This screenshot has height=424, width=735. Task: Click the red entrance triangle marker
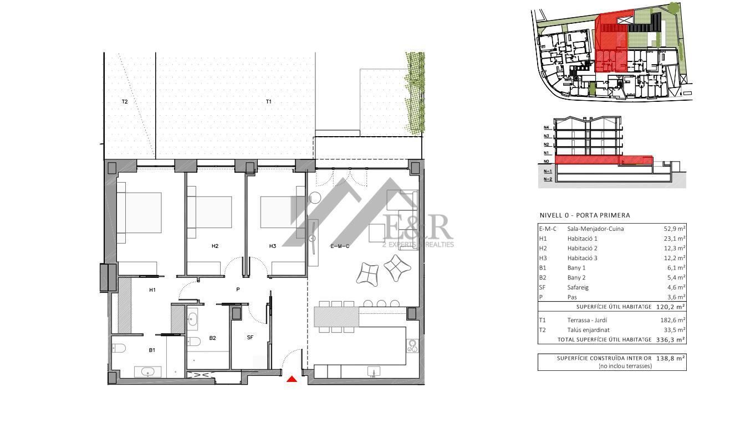tap(292, 379)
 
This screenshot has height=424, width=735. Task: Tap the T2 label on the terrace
tap(125, 102)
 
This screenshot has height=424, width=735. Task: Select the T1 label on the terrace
tap(269, 102)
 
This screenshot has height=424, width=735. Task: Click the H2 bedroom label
tap(215, 246)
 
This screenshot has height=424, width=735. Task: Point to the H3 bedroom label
tap(273, 246)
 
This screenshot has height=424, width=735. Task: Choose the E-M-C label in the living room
tap(340, 246)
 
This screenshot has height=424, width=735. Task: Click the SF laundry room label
tap(250, 337)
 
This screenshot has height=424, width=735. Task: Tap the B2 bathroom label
tap(213, 338)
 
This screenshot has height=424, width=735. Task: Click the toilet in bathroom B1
tap(119, 348)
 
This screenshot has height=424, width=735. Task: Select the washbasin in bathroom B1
tap(147, 372)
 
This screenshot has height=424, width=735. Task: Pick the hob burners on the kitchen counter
tap(412, 346)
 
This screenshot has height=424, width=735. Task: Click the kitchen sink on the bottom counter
tap(374, 371)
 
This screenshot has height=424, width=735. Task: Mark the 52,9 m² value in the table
tap(674, 229)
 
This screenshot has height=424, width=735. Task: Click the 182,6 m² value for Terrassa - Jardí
tap(672, 320)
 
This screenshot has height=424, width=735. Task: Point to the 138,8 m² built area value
tap(670, 359)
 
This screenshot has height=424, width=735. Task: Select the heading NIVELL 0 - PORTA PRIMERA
tap(585, 215)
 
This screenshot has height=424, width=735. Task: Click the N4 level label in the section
tap(547, 127)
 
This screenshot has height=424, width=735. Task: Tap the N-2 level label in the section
tap(548, 179)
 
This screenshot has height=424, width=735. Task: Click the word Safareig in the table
tap(578, 288)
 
